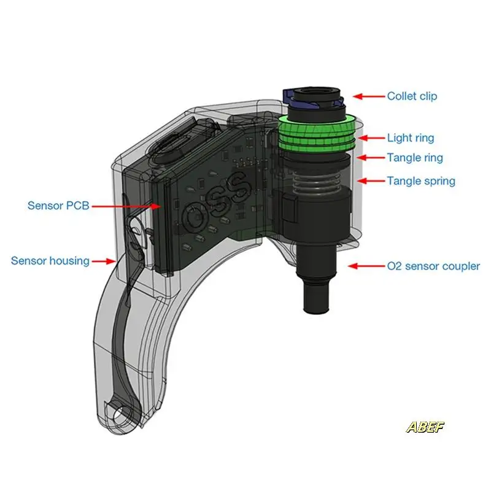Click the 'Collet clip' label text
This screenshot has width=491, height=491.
tap(412, 96)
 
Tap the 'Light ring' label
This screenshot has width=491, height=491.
tap(411, 139)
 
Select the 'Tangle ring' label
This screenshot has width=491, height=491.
tap(414, 158)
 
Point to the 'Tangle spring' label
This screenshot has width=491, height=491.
tap(420, 181)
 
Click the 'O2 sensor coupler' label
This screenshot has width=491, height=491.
tap(433, 266)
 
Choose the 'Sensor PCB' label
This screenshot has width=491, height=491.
tap(58, 206)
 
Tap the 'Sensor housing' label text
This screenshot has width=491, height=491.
tap(50, 261)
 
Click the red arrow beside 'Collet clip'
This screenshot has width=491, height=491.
tap(367, 96)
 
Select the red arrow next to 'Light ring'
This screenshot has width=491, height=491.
tap(370, 138)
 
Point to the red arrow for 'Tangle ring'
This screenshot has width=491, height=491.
tap(370, 158)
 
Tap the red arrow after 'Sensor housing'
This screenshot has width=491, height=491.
tap(106, 261)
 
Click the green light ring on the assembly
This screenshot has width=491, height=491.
tap(317, 131)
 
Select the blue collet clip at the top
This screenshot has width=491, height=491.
tap(290, 95)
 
